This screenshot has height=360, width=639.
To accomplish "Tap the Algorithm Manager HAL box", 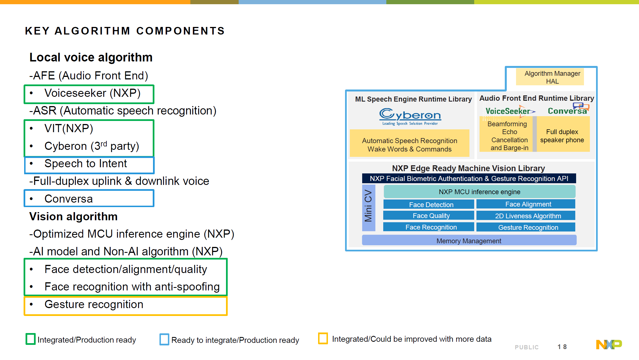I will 550,77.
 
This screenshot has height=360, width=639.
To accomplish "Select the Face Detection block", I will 429,205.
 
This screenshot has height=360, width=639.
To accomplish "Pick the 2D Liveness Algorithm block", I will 526,216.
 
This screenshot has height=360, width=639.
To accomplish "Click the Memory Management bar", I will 469,241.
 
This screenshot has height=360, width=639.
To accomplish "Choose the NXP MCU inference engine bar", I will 479,192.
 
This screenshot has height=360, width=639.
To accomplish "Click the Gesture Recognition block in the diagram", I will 526,227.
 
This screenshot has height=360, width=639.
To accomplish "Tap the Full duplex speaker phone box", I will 562,136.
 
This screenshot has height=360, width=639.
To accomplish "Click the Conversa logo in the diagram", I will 568,110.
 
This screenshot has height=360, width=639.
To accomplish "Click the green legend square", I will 31,339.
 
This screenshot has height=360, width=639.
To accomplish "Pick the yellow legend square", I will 323,338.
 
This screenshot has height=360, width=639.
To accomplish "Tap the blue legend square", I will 164,339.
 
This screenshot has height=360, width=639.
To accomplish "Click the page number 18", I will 562,347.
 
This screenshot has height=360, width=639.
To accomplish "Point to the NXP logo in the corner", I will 609,344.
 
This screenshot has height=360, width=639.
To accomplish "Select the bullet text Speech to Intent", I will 86,164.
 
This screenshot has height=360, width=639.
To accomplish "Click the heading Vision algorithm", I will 74,217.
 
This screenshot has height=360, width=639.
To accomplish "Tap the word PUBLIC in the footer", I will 527,347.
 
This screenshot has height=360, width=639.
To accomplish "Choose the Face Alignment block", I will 526,204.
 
